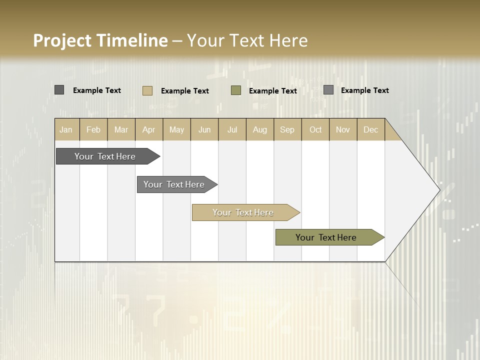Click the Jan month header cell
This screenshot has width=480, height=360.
(x=66, y=129)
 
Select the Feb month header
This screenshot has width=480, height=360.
(x=93, y=129)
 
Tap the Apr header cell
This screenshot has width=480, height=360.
(x=149, y=129)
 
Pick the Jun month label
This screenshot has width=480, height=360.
(x=204, y=129)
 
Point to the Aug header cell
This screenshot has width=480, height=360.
(x=260, y=129)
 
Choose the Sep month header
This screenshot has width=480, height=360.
(x=287, y=129)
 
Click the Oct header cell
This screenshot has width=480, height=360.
(x=315, y=129)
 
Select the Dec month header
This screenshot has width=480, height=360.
(x=371, y=129)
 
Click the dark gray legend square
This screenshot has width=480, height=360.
(x=59, y=90)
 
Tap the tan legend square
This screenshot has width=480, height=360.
(x=147, y=90)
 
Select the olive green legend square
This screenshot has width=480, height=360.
(x=236, y=90)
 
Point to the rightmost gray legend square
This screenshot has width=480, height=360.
(x=328, y=90)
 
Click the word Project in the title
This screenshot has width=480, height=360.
(x=61, y=40)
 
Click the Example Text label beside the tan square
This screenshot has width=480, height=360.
(x=185, y=91)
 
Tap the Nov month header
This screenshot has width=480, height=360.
(x=343, y=129)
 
